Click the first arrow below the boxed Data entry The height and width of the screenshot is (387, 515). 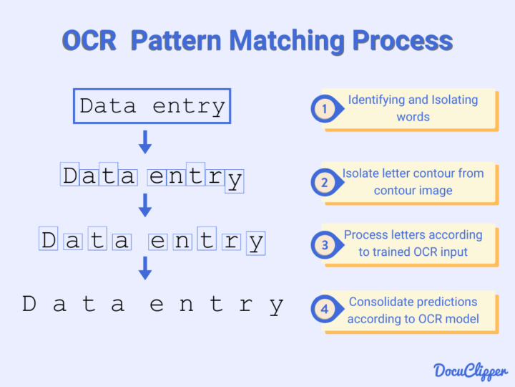pos(145,142)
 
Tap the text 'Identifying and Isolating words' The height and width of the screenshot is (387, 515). pos(413,108)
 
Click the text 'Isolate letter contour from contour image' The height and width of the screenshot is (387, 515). pos(413,182)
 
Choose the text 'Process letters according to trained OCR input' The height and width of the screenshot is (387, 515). pos(413,244)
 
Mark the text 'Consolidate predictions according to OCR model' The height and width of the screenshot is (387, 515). pos(413,310)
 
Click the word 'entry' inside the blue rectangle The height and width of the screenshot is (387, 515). pos(189,107)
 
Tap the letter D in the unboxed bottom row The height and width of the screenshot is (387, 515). pos(29,305)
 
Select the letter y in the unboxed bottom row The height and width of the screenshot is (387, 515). pos(277,306)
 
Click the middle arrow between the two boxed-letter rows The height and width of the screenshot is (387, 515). pos(145,206)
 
